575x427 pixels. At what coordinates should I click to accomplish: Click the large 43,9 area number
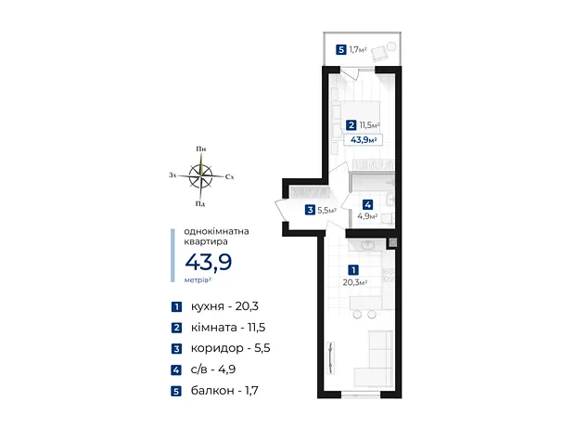209,262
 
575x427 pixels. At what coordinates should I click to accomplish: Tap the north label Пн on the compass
201,149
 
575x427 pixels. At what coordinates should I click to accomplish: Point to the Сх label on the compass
230,177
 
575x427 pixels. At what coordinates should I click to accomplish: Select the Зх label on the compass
172,175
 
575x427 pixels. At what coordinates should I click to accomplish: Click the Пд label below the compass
200,203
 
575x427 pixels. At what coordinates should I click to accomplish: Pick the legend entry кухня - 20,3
224,306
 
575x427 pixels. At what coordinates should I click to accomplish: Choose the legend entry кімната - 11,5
228,327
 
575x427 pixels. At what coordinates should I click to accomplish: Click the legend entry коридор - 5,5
230,348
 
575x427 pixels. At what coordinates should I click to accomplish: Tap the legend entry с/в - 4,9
213,369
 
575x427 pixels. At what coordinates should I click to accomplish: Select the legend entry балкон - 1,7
224,390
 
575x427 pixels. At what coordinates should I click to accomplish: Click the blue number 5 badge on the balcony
341,49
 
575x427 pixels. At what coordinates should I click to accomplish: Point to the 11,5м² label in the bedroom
369,125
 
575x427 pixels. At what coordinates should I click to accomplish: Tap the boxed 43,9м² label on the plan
363,140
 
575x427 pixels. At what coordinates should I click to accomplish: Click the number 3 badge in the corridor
311,210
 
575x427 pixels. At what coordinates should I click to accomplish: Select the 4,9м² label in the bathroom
367,216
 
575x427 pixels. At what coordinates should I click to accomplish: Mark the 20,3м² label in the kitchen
355,282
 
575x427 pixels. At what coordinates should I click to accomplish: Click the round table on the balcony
392,46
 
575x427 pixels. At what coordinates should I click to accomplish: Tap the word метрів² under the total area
198,279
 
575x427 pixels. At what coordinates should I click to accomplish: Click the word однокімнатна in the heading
216,231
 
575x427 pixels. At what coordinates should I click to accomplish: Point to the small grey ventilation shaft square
392,242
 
